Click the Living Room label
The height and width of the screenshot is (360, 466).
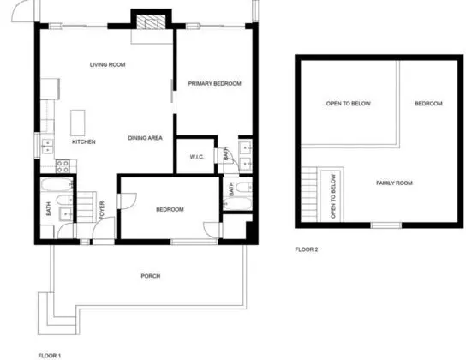coord(108,64)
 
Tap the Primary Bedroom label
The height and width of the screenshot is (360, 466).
coord(214,83)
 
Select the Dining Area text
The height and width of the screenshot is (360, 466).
coord(146,138)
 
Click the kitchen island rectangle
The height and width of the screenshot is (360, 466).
coord(78,123)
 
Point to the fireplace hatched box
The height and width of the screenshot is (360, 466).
coord(151,21)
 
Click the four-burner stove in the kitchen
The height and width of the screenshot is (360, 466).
coord(63,166)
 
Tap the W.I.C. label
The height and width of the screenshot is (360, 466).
coord(197,157)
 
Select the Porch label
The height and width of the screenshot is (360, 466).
coord(151,276)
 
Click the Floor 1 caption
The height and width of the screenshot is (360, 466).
coord(50,356)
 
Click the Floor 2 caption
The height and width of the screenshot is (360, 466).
coord(307,249)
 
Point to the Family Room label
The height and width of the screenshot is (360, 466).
coord(394,183)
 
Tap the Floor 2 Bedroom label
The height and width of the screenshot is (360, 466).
coord(428,104)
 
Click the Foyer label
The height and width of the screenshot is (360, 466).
coord(102,211)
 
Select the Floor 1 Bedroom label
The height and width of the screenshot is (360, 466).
coord(170,210)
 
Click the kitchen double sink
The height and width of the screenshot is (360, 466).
coord(48,147)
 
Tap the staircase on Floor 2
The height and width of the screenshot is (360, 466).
coord(309,195)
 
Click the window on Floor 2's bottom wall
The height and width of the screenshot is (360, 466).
coord(386,225)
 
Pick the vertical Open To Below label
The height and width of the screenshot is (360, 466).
coord(333,196)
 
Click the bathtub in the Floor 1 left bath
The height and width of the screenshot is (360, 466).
coord(57,184)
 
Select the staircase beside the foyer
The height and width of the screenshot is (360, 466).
coord(87,207)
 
